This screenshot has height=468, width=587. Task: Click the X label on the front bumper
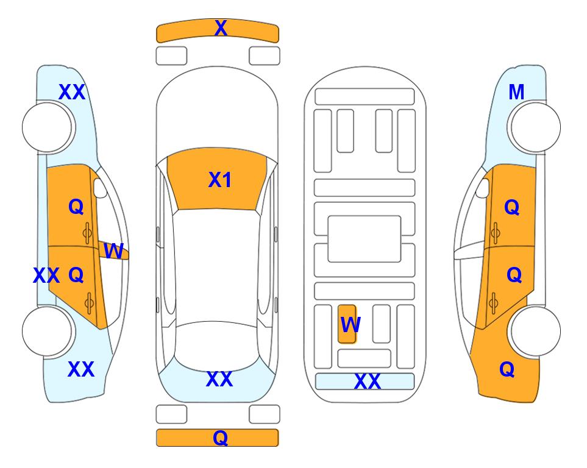(221, 28)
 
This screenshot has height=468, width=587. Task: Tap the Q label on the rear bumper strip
(221, 438)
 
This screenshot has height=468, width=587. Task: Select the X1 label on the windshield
(220, 180)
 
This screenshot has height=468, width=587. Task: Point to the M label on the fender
(516, 92)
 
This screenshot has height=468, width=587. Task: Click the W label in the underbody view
(350, 325)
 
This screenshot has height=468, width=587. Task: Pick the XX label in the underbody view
(367, 381)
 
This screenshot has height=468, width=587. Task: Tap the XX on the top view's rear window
(219, 379)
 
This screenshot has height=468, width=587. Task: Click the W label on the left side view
(113, 251)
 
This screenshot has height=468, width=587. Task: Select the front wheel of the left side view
(47, 127)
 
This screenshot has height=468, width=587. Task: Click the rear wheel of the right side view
(536, 331)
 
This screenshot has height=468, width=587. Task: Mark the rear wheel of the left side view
(47, 331)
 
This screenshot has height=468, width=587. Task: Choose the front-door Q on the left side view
(76, 207)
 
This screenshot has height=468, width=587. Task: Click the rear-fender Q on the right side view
(507, 369)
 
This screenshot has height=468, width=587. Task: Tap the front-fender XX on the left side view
(72, 92)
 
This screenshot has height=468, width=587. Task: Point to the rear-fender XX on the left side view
(81, 369)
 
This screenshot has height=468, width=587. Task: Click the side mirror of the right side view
(483, 188)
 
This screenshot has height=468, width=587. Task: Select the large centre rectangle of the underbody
(365, 239)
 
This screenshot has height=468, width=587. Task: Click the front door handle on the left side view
(87, 233)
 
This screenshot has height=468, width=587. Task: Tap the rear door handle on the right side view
(494, 303)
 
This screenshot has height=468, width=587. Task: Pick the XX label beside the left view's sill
(46, 275)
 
